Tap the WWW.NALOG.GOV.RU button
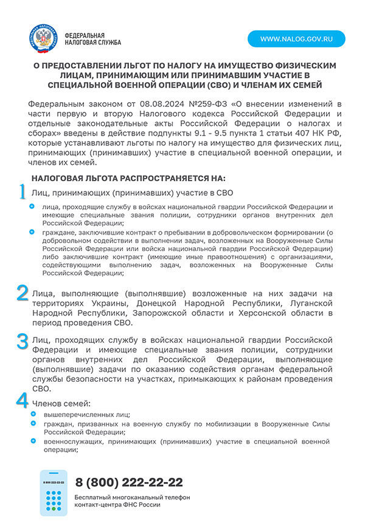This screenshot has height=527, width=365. pos(296,39)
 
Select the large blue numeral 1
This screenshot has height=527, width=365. pos(22,191)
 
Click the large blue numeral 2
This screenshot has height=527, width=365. pos(22,292)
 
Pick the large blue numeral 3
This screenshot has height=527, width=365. pos(22,341)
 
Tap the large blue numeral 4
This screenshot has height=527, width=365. pos(22,400)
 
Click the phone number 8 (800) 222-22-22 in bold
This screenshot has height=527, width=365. pos(129,482)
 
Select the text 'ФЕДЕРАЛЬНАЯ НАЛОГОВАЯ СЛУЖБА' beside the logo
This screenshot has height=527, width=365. pos(92,39)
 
